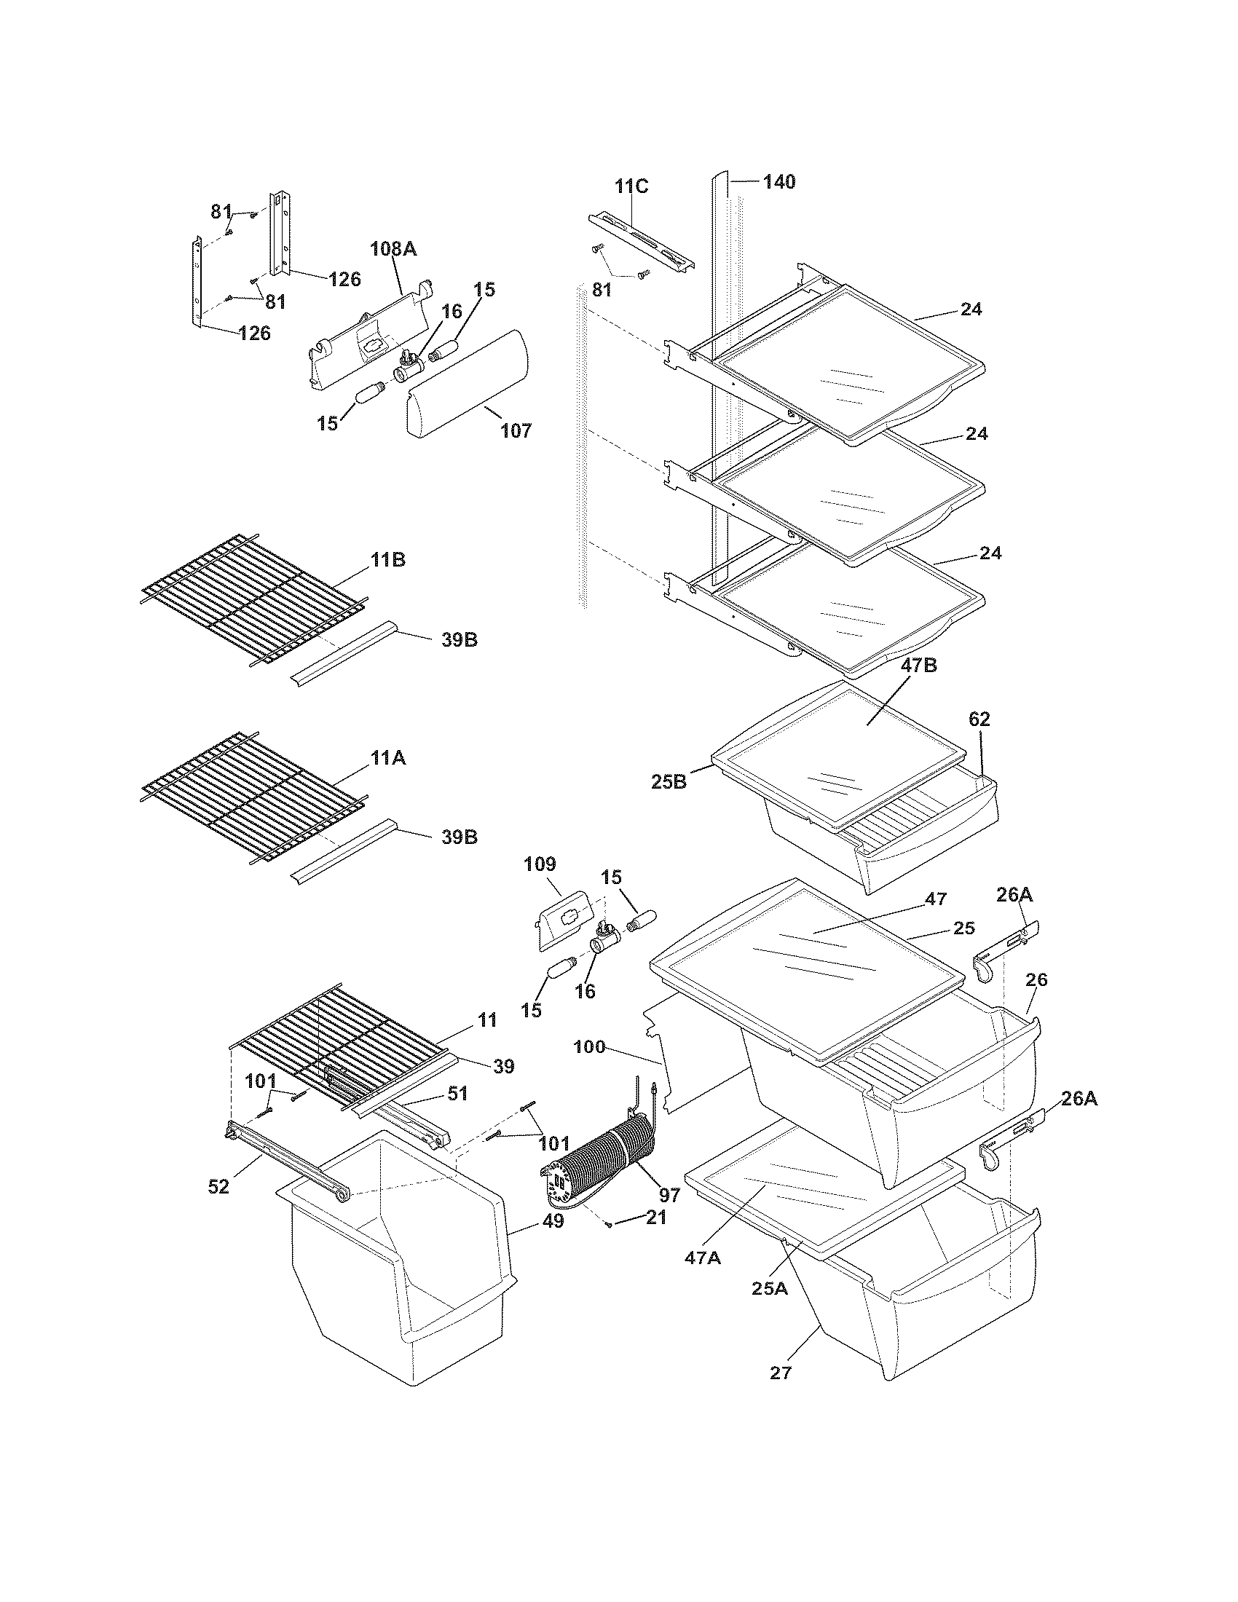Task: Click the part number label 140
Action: (779, 182)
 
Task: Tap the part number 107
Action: (516, 430)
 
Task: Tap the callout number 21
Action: (656, 1218)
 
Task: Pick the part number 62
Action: (979, 719)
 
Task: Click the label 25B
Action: (668, 782)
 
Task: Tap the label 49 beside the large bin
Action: (553, 1221)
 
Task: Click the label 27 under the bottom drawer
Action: (781, 1372)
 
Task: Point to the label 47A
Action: (703, 1258)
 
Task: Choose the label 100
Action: (589, 1046)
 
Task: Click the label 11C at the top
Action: (631, 186)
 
